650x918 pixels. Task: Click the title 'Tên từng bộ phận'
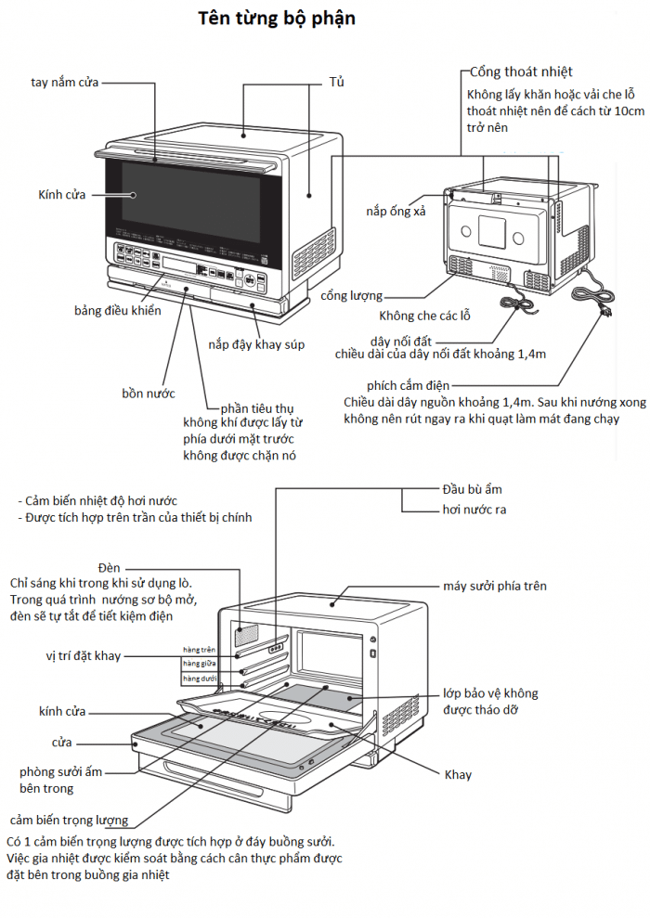pyautogui.click(x=276, y=19)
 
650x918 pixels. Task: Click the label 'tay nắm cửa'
pyautogui.click(x=64, y=83)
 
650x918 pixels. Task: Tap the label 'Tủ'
pyautogui.click(x=336, y=83)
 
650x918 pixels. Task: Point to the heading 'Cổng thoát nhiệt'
pyautogui.click(x=521, y=71)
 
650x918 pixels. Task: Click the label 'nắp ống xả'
pyautogui.click(x=396, y=212)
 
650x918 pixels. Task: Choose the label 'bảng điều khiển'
pyautogui.click(x=118, y=310)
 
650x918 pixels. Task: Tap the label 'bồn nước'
pyautogui.click(x=149, y=392)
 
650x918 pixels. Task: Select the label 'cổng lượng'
pyautogui.click(x=352, y=296)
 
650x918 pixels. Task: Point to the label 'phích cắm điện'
pyautogui.click(x=409, y=385)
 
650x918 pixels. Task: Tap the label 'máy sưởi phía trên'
pyautogui.click(x=494, y=586)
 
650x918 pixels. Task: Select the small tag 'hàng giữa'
pyautogui.click(x=199, y=664)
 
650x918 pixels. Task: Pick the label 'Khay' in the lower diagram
pyautogui.click(x=458, y=774)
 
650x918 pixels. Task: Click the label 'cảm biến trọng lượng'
pyautogui.click(x=69, y=820)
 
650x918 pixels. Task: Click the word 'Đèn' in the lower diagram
pyautogui.click(x=110, y=567)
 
